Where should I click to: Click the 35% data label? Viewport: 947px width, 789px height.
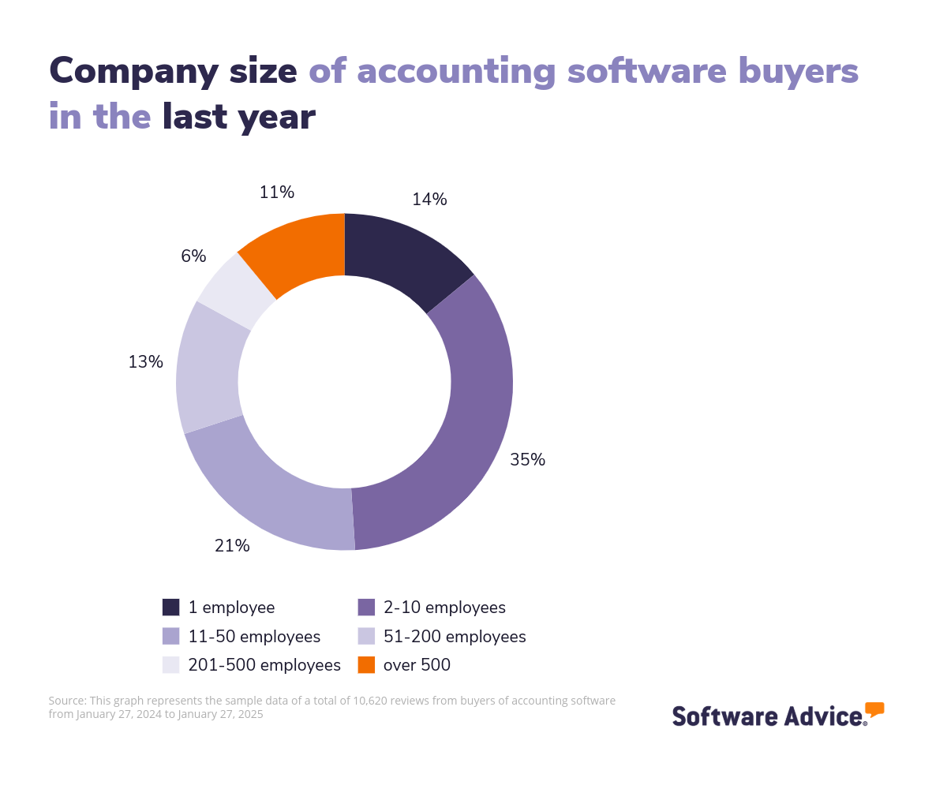point(527,460)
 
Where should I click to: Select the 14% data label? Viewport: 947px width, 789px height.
point(429,200)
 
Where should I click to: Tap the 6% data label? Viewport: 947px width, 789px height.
point(193,256)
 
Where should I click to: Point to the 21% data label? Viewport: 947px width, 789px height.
point(232,546)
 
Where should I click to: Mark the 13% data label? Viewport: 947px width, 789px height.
point(145,362)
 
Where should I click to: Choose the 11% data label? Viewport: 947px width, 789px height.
point(276,192)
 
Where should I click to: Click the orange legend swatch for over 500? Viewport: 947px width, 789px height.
point(366,665)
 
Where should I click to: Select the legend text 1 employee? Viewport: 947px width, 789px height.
point(231,608)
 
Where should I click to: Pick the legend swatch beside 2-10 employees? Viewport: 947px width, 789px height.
point(366,608)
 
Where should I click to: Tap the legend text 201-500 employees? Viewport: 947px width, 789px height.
point(264,665)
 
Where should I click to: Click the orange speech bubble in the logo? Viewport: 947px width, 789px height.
point(874,709)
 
